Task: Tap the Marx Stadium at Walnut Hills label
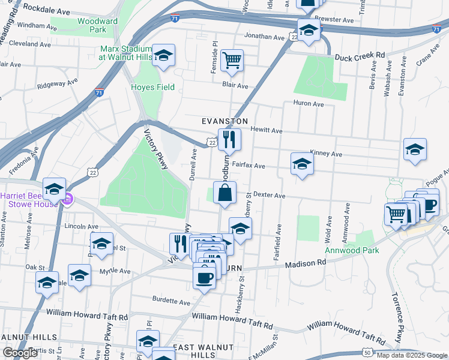click(x=126, y=53)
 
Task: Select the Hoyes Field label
click(x=153, y=88)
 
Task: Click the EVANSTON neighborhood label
click(x=224, y=121)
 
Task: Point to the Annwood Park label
click(x=352, y=250)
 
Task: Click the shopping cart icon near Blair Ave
click(x=232, y=61)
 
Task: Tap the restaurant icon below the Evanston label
click(x=229, y=140)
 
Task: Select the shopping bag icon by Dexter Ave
click(x=224, y=193)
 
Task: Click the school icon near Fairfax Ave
click(x=302, y=164)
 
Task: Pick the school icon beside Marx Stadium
click(x=163, y=56)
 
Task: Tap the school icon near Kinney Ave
click(x=415, y=150)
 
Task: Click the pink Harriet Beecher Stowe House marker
click(x=68, y=198)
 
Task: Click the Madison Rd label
click(x=305, y=263)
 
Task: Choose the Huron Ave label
click(x=309, y=104)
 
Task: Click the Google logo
click(x=20, y=353)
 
